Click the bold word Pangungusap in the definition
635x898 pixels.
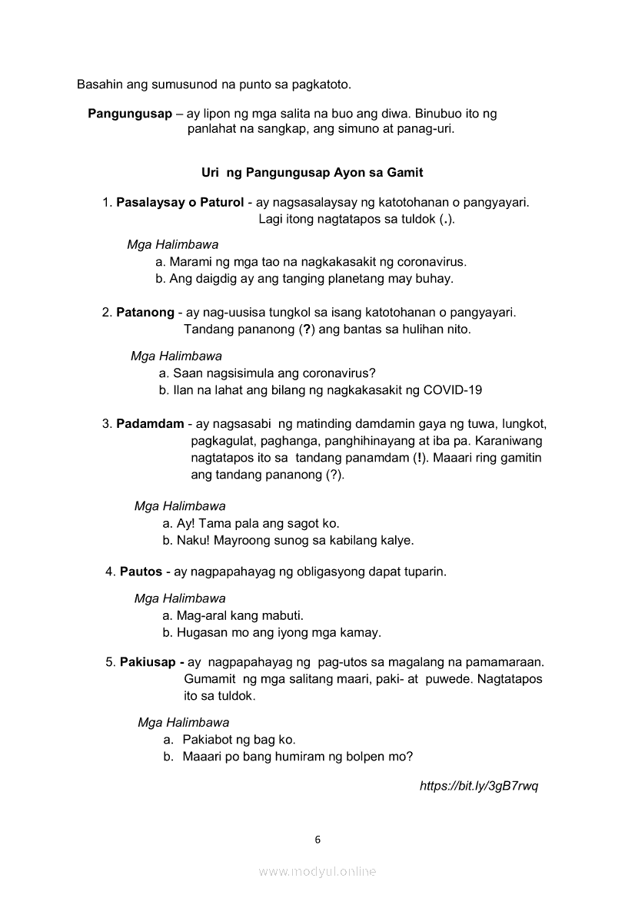pos(130,114)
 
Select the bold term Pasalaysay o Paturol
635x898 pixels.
pos(180,204)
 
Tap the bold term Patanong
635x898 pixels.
pos(145,313)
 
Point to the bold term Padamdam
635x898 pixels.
pos(150,424)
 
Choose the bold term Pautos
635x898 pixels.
pos(141,572)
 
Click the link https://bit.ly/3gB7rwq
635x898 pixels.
pos(479,786)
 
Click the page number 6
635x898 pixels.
pos(317,840)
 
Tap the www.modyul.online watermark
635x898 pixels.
pos(317,871)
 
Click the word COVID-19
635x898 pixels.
pos(453,390)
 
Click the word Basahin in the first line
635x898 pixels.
pos(99,83)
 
